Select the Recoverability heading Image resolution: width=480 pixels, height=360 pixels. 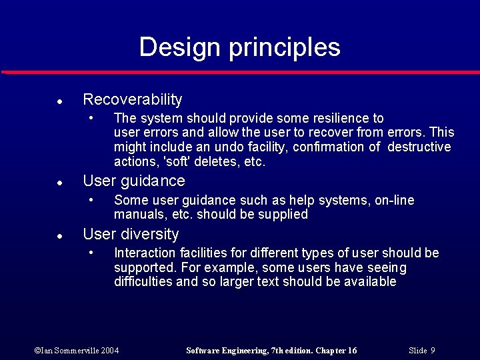pyautogui.click(x=132, y=100)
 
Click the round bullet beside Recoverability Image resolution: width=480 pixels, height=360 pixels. pyautogui.click(x=59, y=102)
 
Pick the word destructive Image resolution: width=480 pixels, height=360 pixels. pyautogui.click(x=419, y=147)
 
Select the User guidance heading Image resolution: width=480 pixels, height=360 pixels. pyautogui.click(x=133, y=181)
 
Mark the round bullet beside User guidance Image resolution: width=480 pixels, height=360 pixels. pyautogui.click(x=59, y=183)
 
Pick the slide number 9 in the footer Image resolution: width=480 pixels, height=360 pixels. pyautogui.click(x=433, y=351)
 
